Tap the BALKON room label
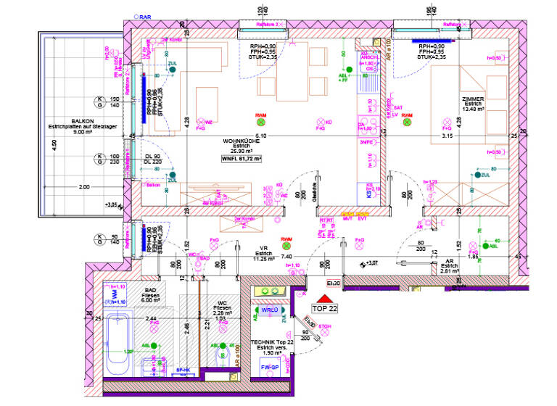pyautogui.click(x=82, y=122)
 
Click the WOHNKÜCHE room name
pyautogui.click(x=239, y=141)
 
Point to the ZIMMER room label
pyautogui.click(x=472, y=99)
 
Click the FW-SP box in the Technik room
pyautogui.click(x=271, y=368)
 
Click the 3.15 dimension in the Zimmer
pyautogui.click(x=447, y=136)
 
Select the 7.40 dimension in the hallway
pyautogui.click(x=286, y=257)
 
